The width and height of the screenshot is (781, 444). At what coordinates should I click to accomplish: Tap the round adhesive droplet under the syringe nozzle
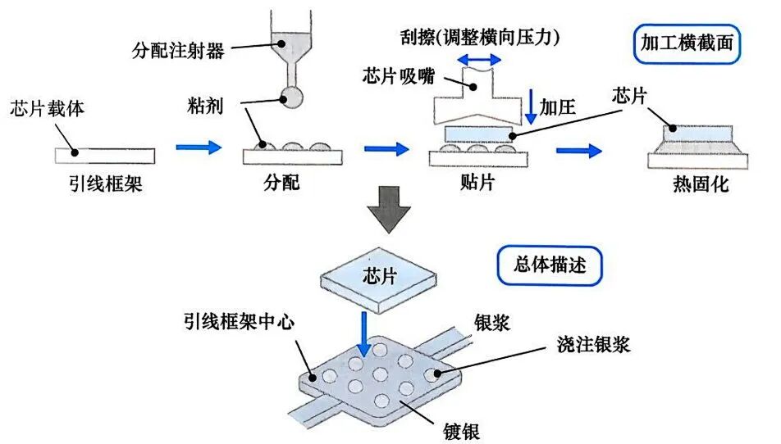point(291,97)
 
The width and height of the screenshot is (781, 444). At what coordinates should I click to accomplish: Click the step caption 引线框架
point(104,183)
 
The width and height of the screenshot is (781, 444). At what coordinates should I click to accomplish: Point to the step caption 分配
point(282,183)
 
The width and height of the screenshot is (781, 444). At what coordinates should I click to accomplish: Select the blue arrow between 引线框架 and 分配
point(199,148)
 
